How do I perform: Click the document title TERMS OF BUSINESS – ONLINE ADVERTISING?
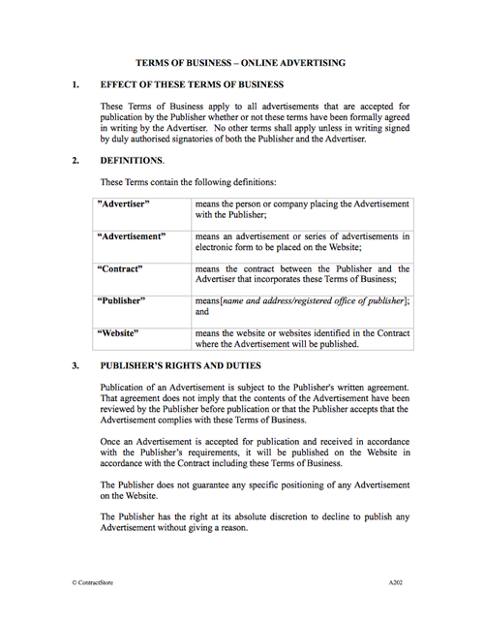point(241,63)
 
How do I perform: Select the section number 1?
point(76,85)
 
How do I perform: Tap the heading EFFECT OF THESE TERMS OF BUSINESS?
point(192,85)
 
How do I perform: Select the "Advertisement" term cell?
point(132,235)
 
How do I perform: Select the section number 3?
point(76,366)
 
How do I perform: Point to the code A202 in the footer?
point(397,585)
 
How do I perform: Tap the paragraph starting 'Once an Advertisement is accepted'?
point(256,452)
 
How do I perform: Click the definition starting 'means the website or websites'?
point(301,338)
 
